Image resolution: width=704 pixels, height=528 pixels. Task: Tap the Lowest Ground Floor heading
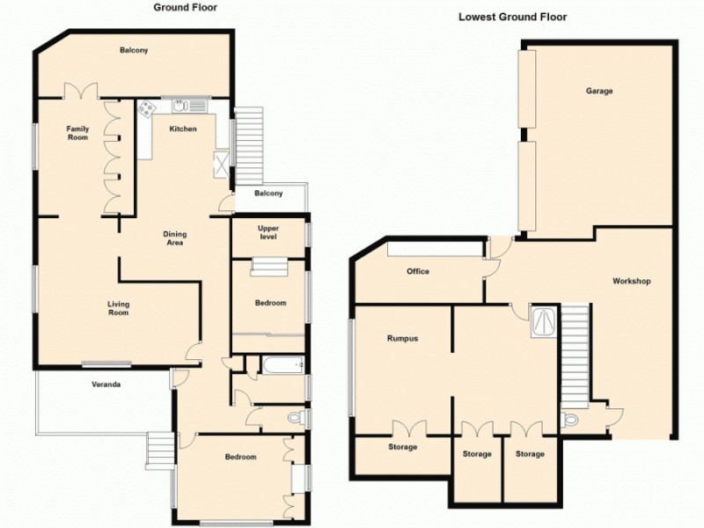click(512, 16)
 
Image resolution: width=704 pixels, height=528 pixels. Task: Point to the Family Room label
click(78, 133)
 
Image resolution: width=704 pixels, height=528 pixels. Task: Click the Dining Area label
click(174, 238)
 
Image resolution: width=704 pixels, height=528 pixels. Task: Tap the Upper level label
click(268, 232)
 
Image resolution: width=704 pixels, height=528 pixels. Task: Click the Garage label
click(599, 91)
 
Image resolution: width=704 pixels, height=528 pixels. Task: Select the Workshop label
click(631, 282)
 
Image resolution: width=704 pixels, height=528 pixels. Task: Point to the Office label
click(417, 271)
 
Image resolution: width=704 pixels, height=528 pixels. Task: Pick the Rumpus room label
click(401, 338)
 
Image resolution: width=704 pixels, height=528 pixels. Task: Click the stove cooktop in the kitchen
click(147, 108)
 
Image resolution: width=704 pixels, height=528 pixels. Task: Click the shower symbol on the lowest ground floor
click(543, 319)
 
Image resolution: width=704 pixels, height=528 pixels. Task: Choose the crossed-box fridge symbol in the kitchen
click(222, 161)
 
